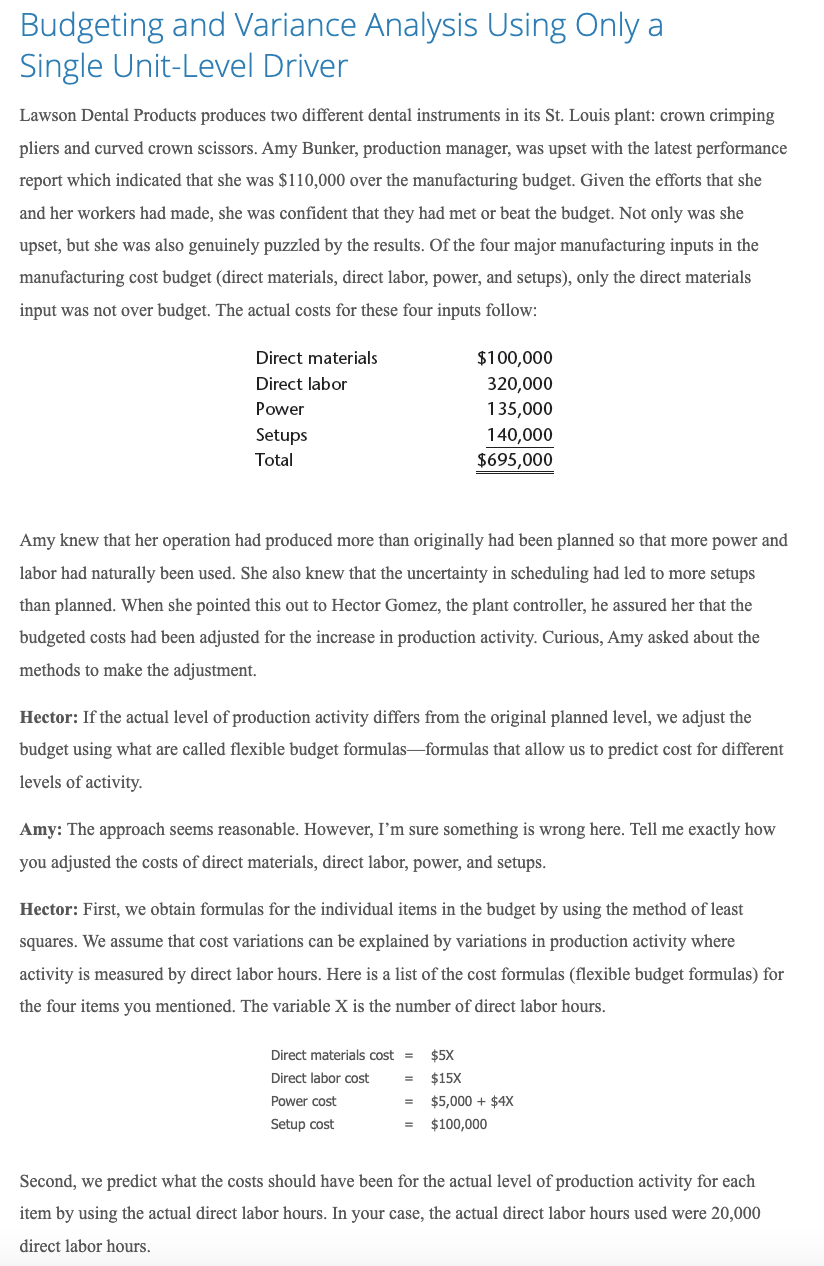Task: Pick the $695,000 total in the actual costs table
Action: [514, 460]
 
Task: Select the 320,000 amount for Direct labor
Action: [519, 383]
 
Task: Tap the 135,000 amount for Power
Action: [519, 409]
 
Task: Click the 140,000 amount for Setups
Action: [519, 434]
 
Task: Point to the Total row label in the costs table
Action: [274, 460]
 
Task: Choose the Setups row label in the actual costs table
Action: [281, 434]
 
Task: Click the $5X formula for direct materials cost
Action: [441, 1055]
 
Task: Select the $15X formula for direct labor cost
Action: [445, 1078]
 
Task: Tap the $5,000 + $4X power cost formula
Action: [472, 1101]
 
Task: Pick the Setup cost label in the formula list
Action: [302, 1124]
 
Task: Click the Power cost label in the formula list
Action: [303, 1101]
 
